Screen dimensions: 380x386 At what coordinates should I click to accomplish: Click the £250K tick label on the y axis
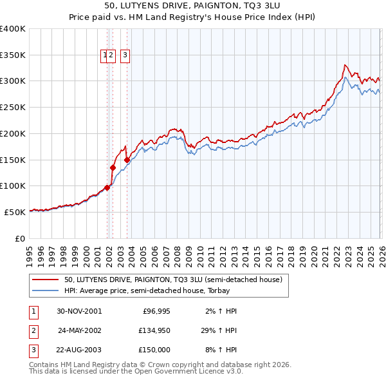pos(12,108)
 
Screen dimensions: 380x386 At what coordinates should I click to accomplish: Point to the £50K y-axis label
pos(15,212)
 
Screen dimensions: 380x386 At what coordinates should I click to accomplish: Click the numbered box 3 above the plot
pos(124,56)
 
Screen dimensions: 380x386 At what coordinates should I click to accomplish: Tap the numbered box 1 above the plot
pos(104,56)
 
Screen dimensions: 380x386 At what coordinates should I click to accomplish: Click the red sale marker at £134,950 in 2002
pos(113,167)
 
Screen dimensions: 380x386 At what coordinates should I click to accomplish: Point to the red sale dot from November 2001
pos(107,187)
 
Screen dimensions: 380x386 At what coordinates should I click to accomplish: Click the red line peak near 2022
pos(345,65)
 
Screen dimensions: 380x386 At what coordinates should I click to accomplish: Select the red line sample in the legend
pos(46,280)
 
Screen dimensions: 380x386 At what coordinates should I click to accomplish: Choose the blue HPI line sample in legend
pos(46,291)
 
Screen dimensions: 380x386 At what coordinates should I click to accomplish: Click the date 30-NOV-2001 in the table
pos(79,311)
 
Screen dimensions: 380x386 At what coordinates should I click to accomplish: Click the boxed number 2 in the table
pos(33,330)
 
